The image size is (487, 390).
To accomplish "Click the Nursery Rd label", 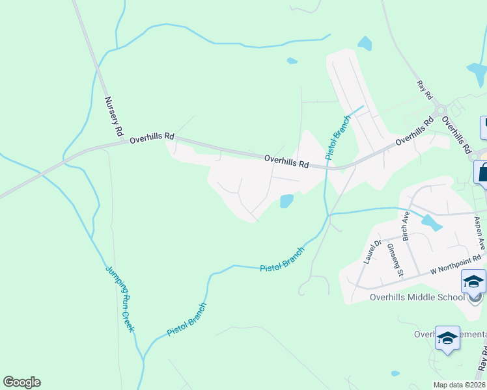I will point(114,116).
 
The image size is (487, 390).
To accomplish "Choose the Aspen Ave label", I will point(480,233).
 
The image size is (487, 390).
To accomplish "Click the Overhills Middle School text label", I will point(407,297).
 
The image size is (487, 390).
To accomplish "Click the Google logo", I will point(21,382).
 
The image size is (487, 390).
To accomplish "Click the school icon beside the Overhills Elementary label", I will point(447,339).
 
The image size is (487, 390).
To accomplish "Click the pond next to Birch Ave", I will point(431,224).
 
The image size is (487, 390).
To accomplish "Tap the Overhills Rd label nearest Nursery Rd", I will point(152,138).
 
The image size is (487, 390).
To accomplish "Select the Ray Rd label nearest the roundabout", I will point(425,90).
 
